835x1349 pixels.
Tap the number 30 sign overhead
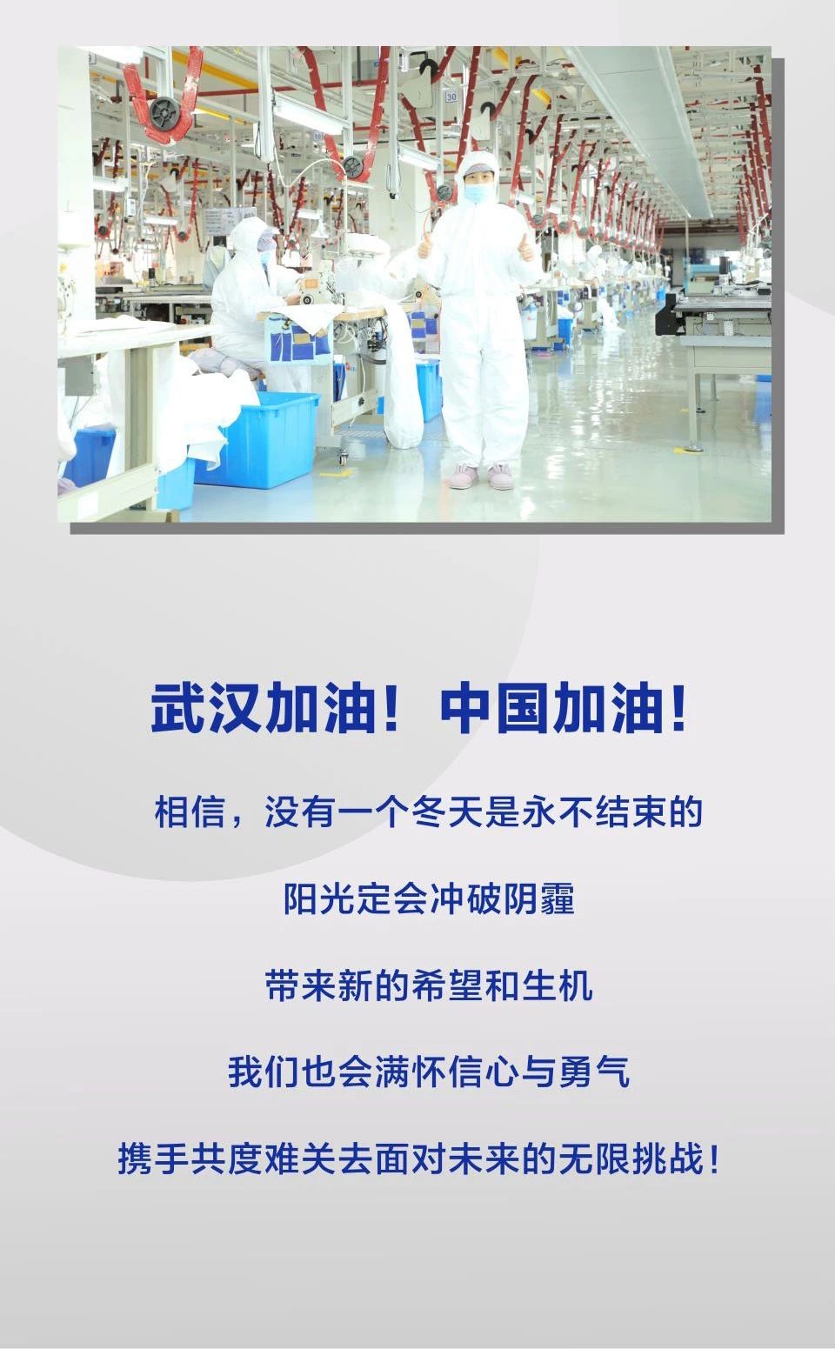pos(451,97)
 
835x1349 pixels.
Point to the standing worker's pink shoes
pos(483,475)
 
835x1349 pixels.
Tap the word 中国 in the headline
pos(495,708)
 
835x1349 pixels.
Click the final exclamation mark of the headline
pos(679,708)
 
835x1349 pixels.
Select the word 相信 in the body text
pos(190,811)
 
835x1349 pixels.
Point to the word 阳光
pos(320,898)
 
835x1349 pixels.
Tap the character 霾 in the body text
pos(558,898)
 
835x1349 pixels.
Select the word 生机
pos(558,985)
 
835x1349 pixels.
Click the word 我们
pos(264,1072)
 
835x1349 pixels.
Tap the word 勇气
pos(594,1072)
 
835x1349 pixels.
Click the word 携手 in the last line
pos(154,1159)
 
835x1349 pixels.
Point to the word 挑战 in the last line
pos(667,1159)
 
